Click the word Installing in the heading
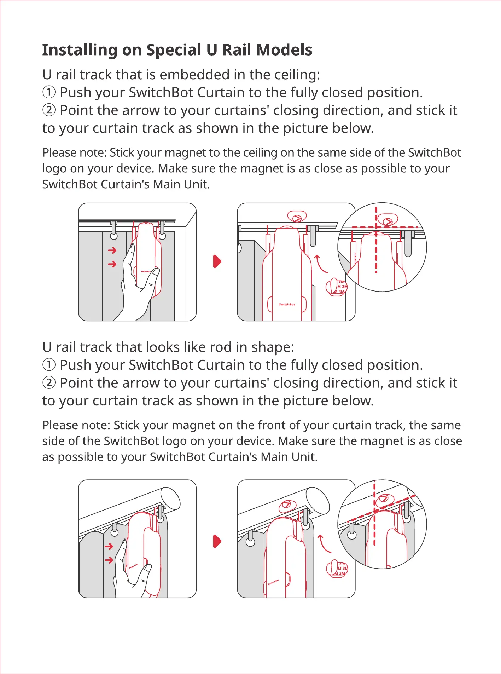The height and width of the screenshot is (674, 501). [80, 50]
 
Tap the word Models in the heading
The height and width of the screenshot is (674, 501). [284, 50]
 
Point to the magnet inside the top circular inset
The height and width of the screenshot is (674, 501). [388, 220]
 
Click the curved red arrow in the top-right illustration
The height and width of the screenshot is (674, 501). [320, 264]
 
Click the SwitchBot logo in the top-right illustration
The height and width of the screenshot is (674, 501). [287, 304]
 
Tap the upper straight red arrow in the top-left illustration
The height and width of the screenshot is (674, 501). [112, 250]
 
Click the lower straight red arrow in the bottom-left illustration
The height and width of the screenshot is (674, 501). [109, 560]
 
